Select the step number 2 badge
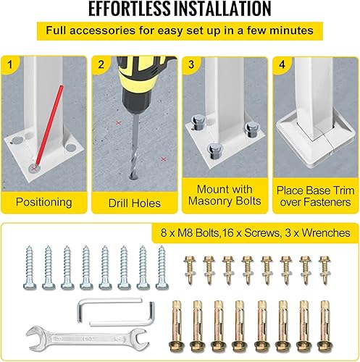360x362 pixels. click(101, 63)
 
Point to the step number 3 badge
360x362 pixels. click(191, 63)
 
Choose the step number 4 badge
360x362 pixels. click(280, 63)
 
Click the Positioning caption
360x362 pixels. click(44, 202)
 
